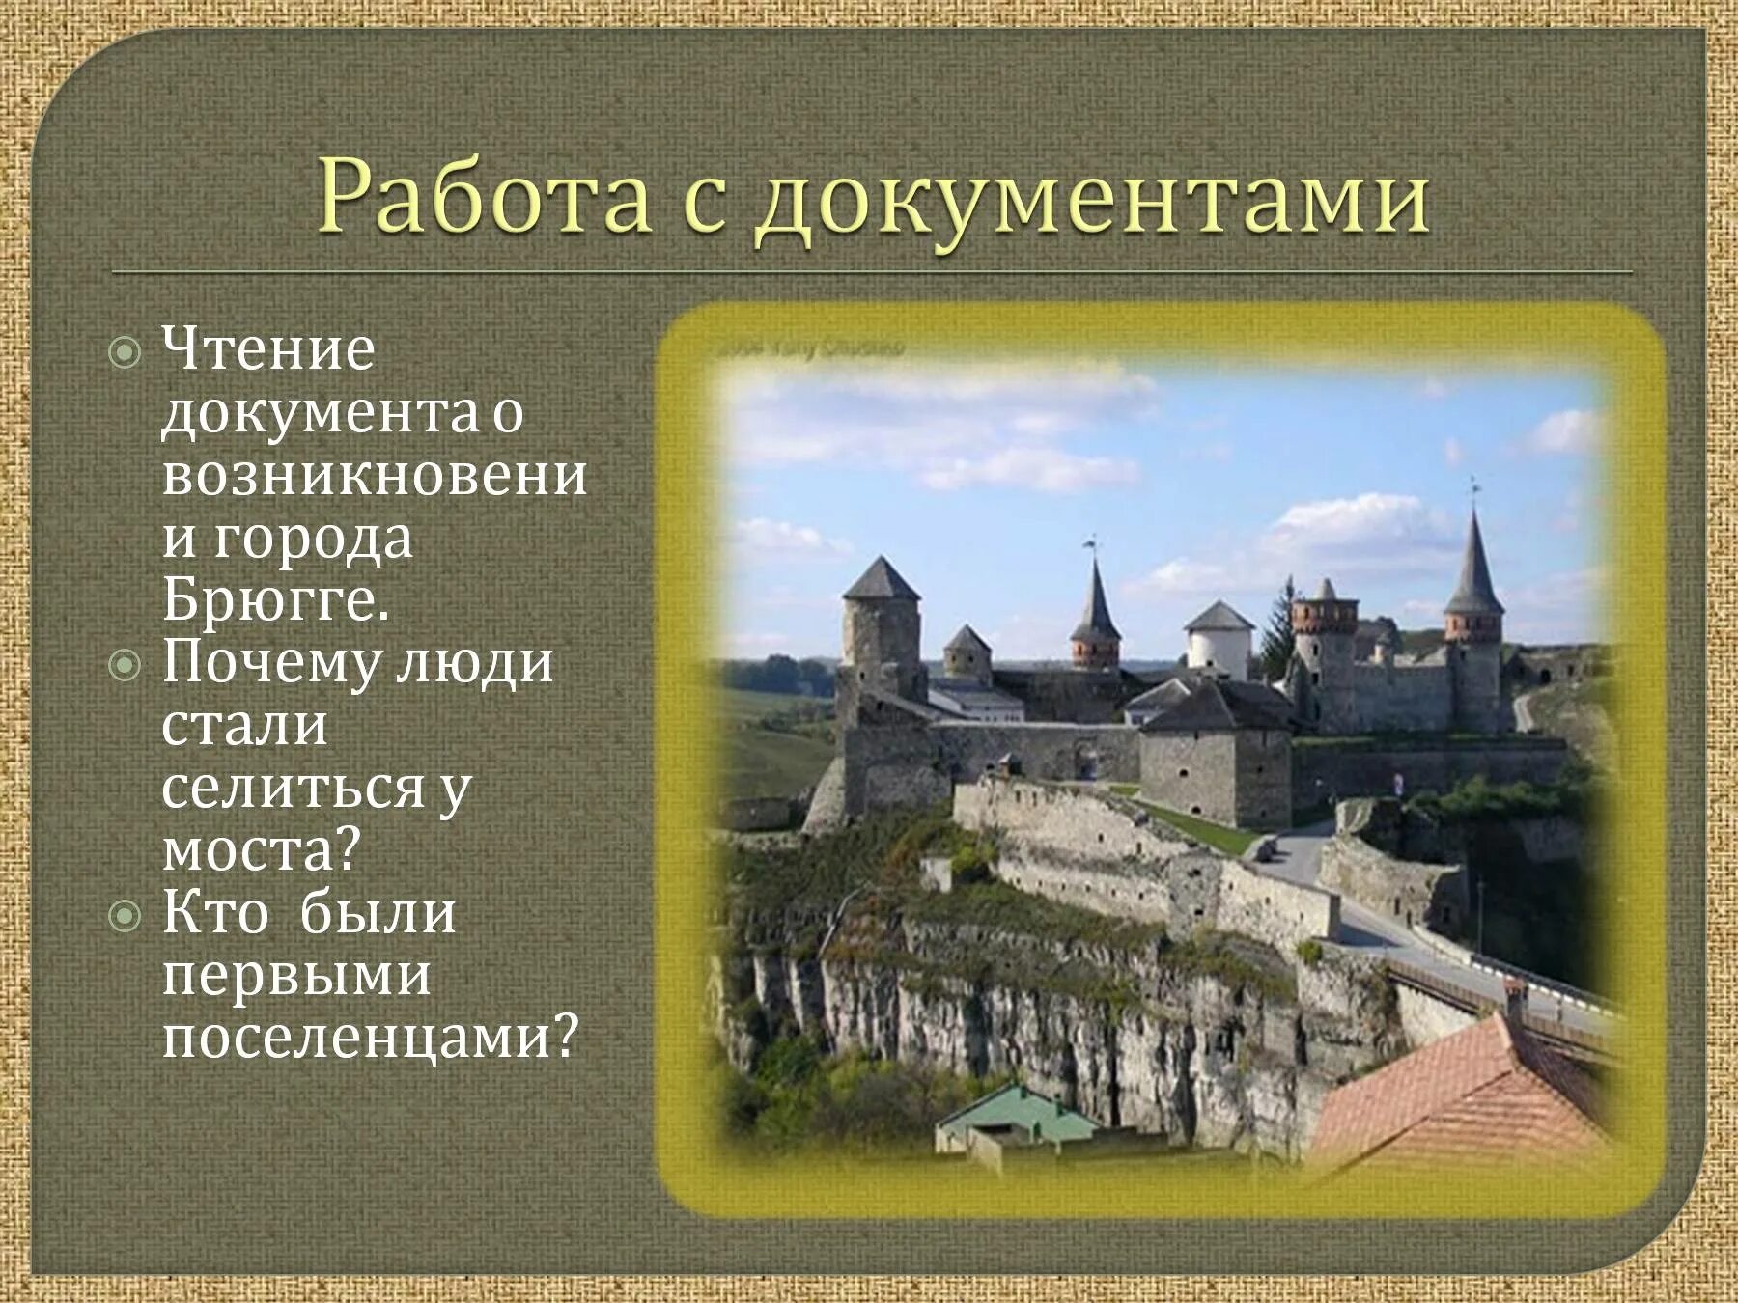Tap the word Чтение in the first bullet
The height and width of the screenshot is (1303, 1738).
click(x=267, y=348)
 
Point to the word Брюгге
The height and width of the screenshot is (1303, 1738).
click(x=276, y=600)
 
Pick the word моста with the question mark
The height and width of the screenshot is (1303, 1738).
click(x=261, y=850)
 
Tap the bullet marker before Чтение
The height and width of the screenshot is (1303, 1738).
click(x=126, y=353)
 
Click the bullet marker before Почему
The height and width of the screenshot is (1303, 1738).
click(x=126, y=666)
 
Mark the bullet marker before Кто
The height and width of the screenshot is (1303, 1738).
click(x=126, y=916)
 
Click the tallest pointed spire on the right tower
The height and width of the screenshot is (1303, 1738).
click(x=1473, y=560)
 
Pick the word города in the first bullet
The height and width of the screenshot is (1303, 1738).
click(x=313, y=539)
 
